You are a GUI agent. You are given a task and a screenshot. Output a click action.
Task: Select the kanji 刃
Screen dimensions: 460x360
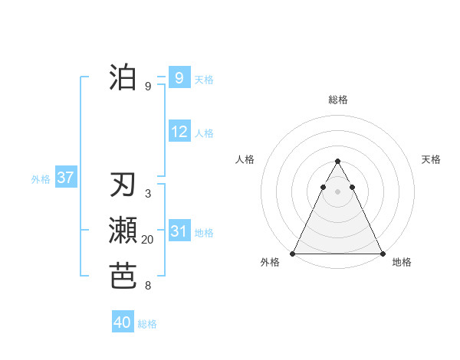123,185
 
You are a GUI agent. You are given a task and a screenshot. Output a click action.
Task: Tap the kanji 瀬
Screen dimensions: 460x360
123,231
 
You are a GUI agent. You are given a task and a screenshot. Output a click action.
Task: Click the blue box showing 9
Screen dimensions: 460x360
179,77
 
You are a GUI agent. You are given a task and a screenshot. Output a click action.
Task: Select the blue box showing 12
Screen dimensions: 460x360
179,132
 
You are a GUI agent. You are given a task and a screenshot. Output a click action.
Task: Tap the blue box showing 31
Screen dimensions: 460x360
179,231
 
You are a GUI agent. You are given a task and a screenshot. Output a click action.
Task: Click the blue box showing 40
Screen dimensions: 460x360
123,322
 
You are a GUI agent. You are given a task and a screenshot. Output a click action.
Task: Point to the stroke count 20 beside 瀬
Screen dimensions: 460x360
147,240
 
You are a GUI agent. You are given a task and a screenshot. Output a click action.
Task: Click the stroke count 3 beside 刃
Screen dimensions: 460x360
147,195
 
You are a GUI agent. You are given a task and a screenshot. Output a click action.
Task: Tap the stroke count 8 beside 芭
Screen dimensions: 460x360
147,286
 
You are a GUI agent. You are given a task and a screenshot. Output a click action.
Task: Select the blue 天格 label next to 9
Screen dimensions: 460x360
204,79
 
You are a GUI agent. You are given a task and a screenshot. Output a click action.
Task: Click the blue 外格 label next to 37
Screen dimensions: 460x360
41,179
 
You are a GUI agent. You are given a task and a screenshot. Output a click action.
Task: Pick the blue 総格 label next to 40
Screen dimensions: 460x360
147,324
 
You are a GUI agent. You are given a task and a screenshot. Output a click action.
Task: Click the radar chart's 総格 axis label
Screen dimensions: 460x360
337,100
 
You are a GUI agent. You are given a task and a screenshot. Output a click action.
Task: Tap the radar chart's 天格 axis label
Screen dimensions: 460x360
432,159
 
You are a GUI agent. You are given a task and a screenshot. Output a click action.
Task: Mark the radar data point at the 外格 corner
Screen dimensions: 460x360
293,253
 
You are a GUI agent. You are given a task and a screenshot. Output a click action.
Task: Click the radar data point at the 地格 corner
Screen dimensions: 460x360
382,253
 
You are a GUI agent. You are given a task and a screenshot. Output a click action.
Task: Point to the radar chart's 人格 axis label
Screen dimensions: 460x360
245,159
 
